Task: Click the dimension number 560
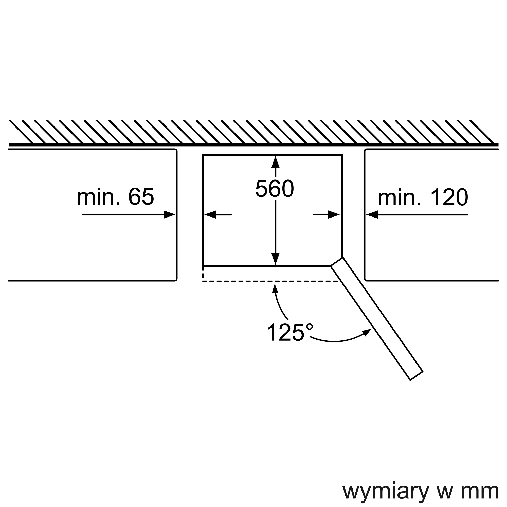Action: [275, 188]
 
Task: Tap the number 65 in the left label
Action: [141, 197]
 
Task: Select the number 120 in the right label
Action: [449, 197]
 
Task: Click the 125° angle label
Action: [290, 332]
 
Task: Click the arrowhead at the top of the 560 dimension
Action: [275, 162]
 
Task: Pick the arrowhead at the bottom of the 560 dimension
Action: [275, 259]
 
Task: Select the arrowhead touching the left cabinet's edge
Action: [169, 214]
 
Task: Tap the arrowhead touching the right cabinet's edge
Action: [372, 214]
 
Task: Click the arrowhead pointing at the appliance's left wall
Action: [210, 215]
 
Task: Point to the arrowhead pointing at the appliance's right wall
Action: [334, 215]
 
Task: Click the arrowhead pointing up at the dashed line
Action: [275, 289]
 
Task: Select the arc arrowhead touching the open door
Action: [367, 332]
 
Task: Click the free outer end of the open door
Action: [417, 376]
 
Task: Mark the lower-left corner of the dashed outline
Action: [203, 281]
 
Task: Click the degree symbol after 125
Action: [310, 327]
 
